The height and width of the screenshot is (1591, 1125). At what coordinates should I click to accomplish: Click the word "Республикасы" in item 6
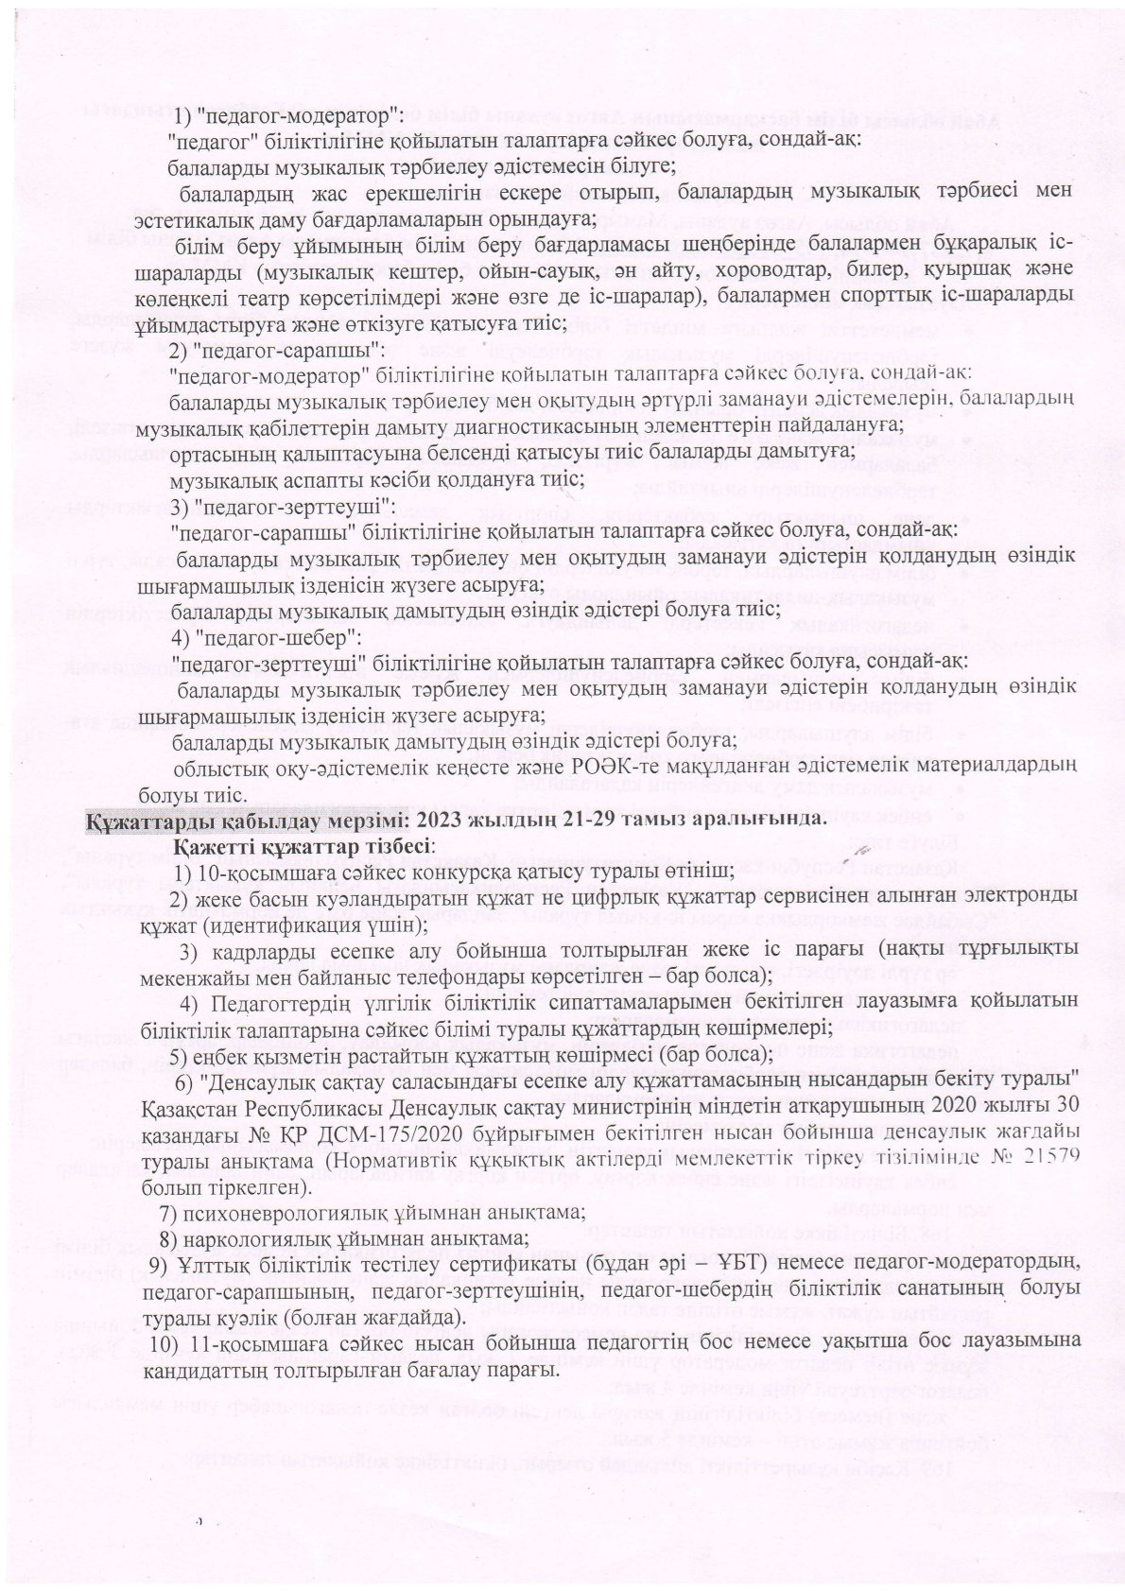pos(307,1104)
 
